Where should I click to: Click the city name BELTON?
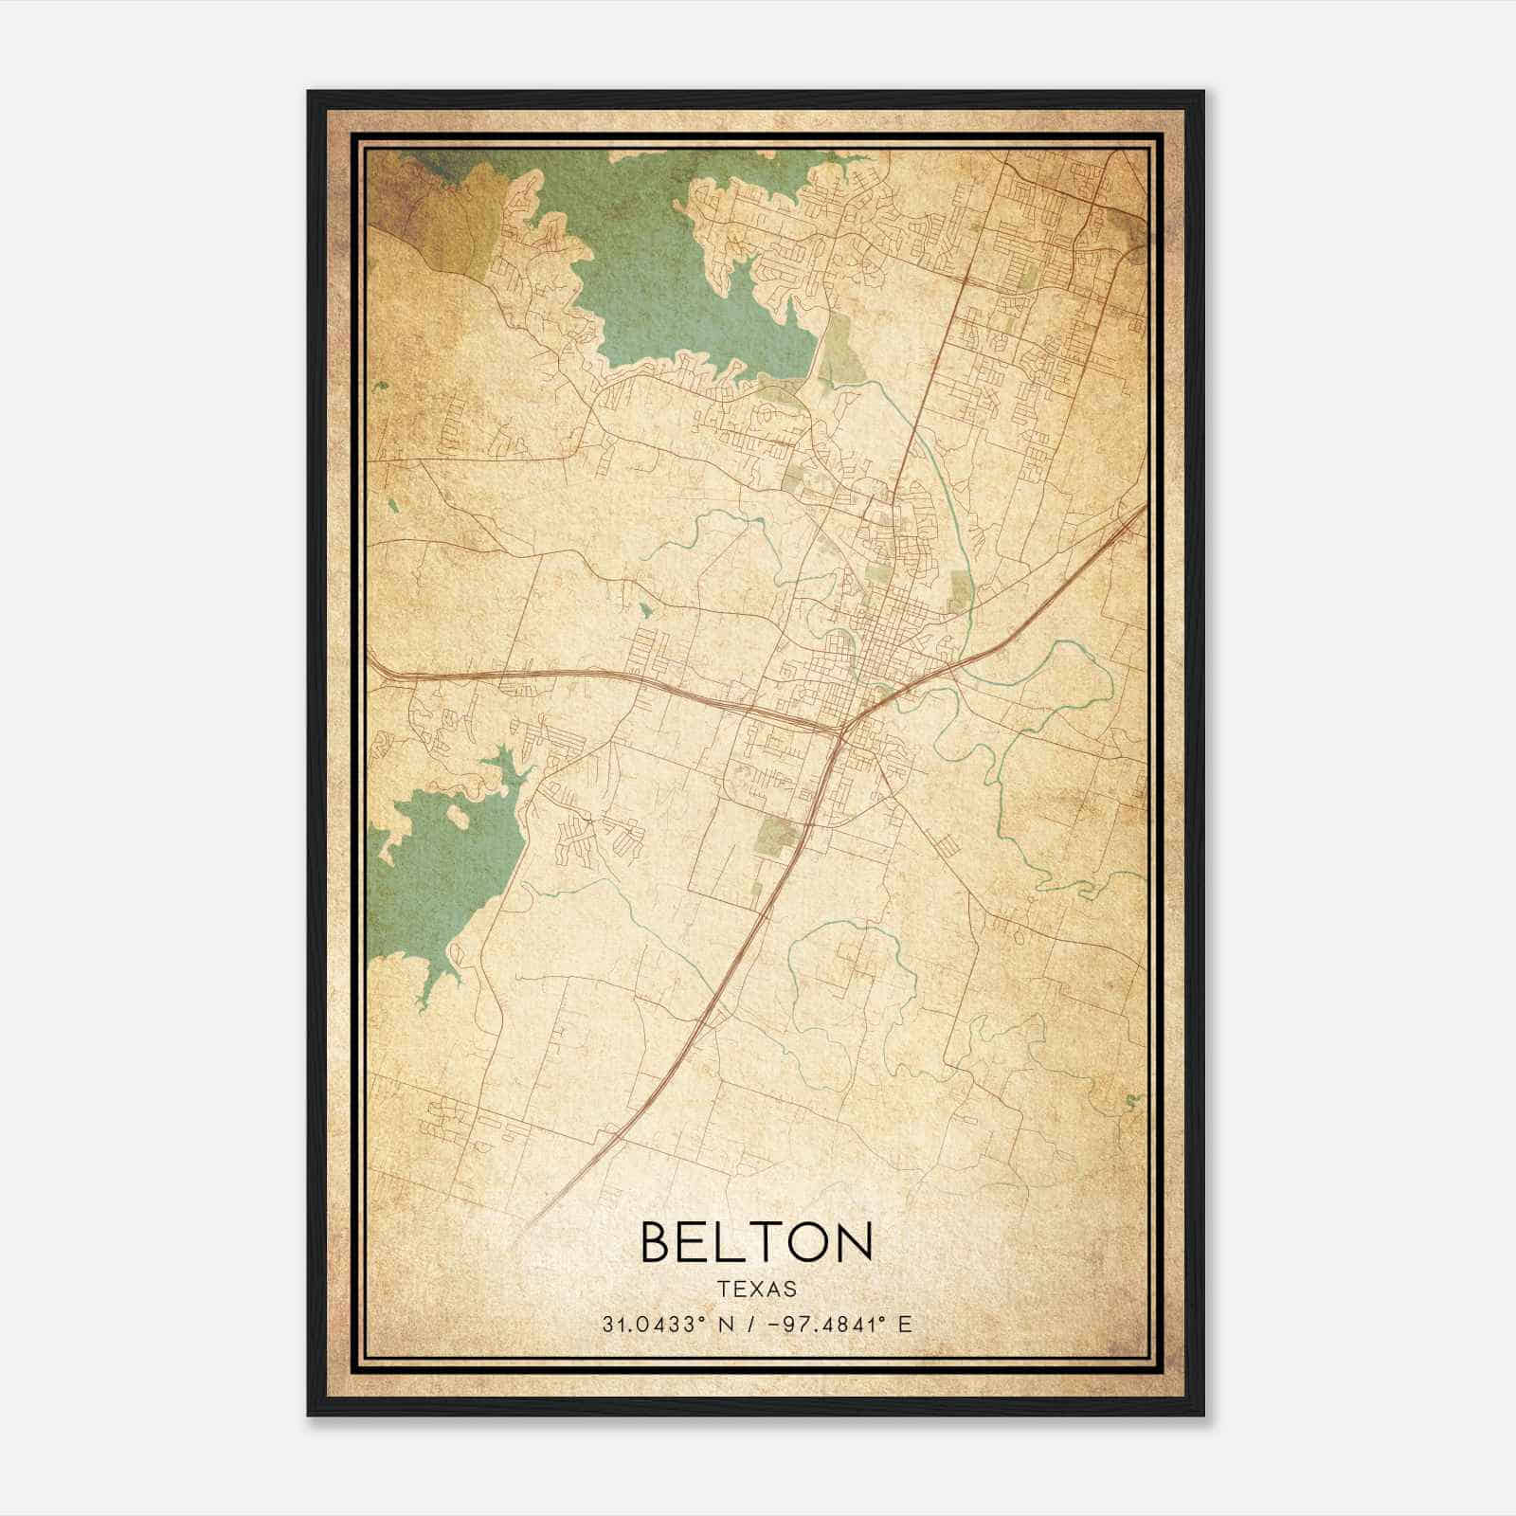click(x=756, y=1241)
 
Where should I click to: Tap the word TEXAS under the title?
click(x=756, y=1289)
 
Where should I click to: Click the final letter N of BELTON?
click(x=856, y=1241)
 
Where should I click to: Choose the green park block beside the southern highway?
click(x=778, y=834)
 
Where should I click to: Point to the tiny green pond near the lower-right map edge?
click(x=1131, y=1101)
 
